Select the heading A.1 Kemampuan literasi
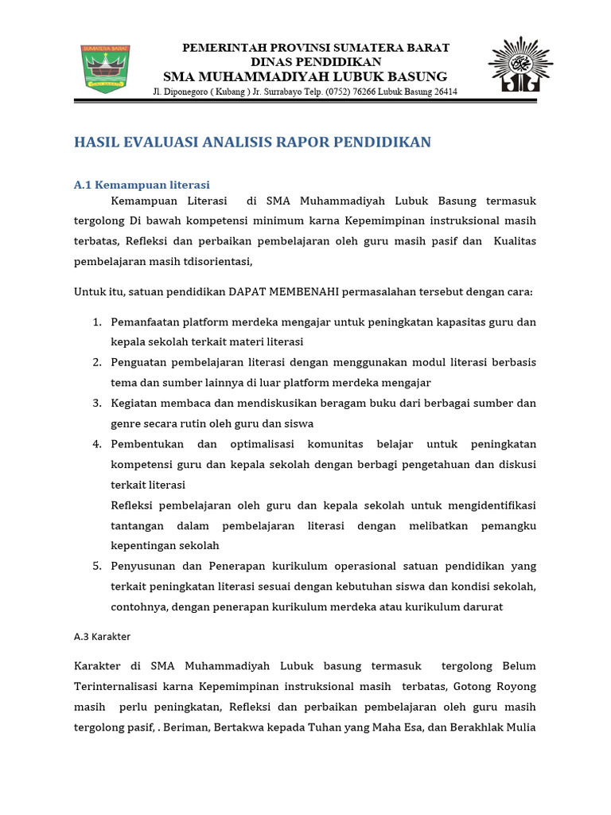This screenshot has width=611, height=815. coord(142,185)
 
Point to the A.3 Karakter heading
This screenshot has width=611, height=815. coord(102,637)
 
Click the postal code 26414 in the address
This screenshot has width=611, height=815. coord(442,92)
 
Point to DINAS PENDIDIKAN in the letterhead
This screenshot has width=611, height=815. coord(316,61)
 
